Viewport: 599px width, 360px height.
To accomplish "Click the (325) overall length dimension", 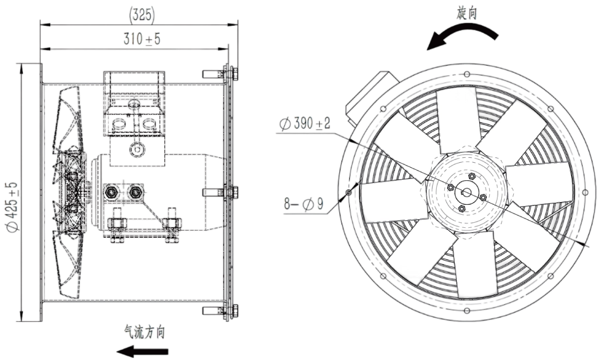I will pos(142,15).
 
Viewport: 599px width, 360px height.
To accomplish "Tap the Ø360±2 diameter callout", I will pos(304,125).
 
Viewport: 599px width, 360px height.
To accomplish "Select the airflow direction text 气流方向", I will pos(144,331).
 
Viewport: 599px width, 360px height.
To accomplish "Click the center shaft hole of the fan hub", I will pos(466,192).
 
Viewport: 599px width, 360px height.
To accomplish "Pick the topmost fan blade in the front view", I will pos(459,120).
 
